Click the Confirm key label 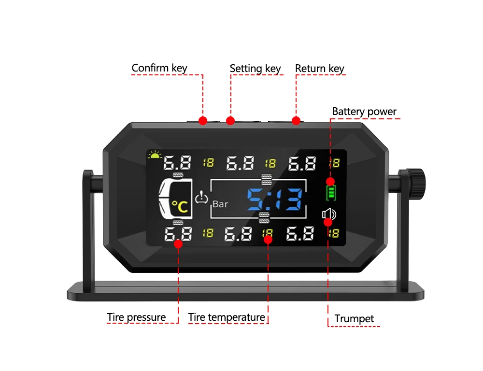159,68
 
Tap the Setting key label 255,69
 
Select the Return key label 319,69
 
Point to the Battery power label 364,112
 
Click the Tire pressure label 136,317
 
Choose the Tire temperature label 227,317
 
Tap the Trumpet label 355,319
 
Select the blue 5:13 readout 275,199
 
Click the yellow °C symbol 179,207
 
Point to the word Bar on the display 220,204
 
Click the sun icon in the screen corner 155,155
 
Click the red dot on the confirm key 203,120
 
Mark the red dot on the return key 296,120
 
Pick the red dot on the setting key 230,120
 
